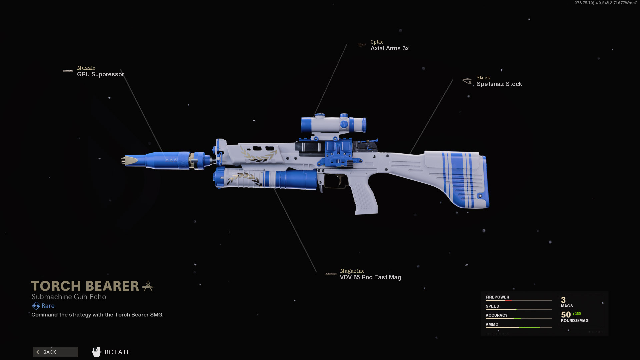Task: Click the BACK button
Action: pos(55,352)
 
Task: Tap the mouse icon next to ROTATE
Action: pos(97,352)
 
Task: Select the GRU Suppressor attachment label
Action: pos(100,74)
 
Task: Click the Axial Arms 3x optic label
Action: pos(390,48)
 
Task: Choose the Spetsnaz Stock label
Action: pos(499,84)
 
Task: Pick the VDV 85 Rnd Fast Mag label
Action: pos(371,277)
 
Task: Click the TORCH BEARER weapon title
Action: pos(85,286)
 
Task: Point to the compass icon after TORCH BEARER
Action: pos(148,286)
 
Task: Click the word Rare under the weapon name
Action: pos(48,306)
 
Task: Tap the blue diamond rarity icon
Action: pos(36,306)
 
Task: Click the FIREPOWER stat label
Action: pos(497,297)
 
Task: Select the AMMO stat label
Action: pos(492,324)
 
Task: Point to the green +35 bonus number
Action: pos(576,314)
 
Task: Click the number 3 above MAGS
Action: pos(563,300)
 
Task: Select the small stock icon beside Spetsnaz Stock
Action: pos(467,81)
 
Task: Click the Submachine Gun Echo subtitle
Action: pos(69,297)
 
